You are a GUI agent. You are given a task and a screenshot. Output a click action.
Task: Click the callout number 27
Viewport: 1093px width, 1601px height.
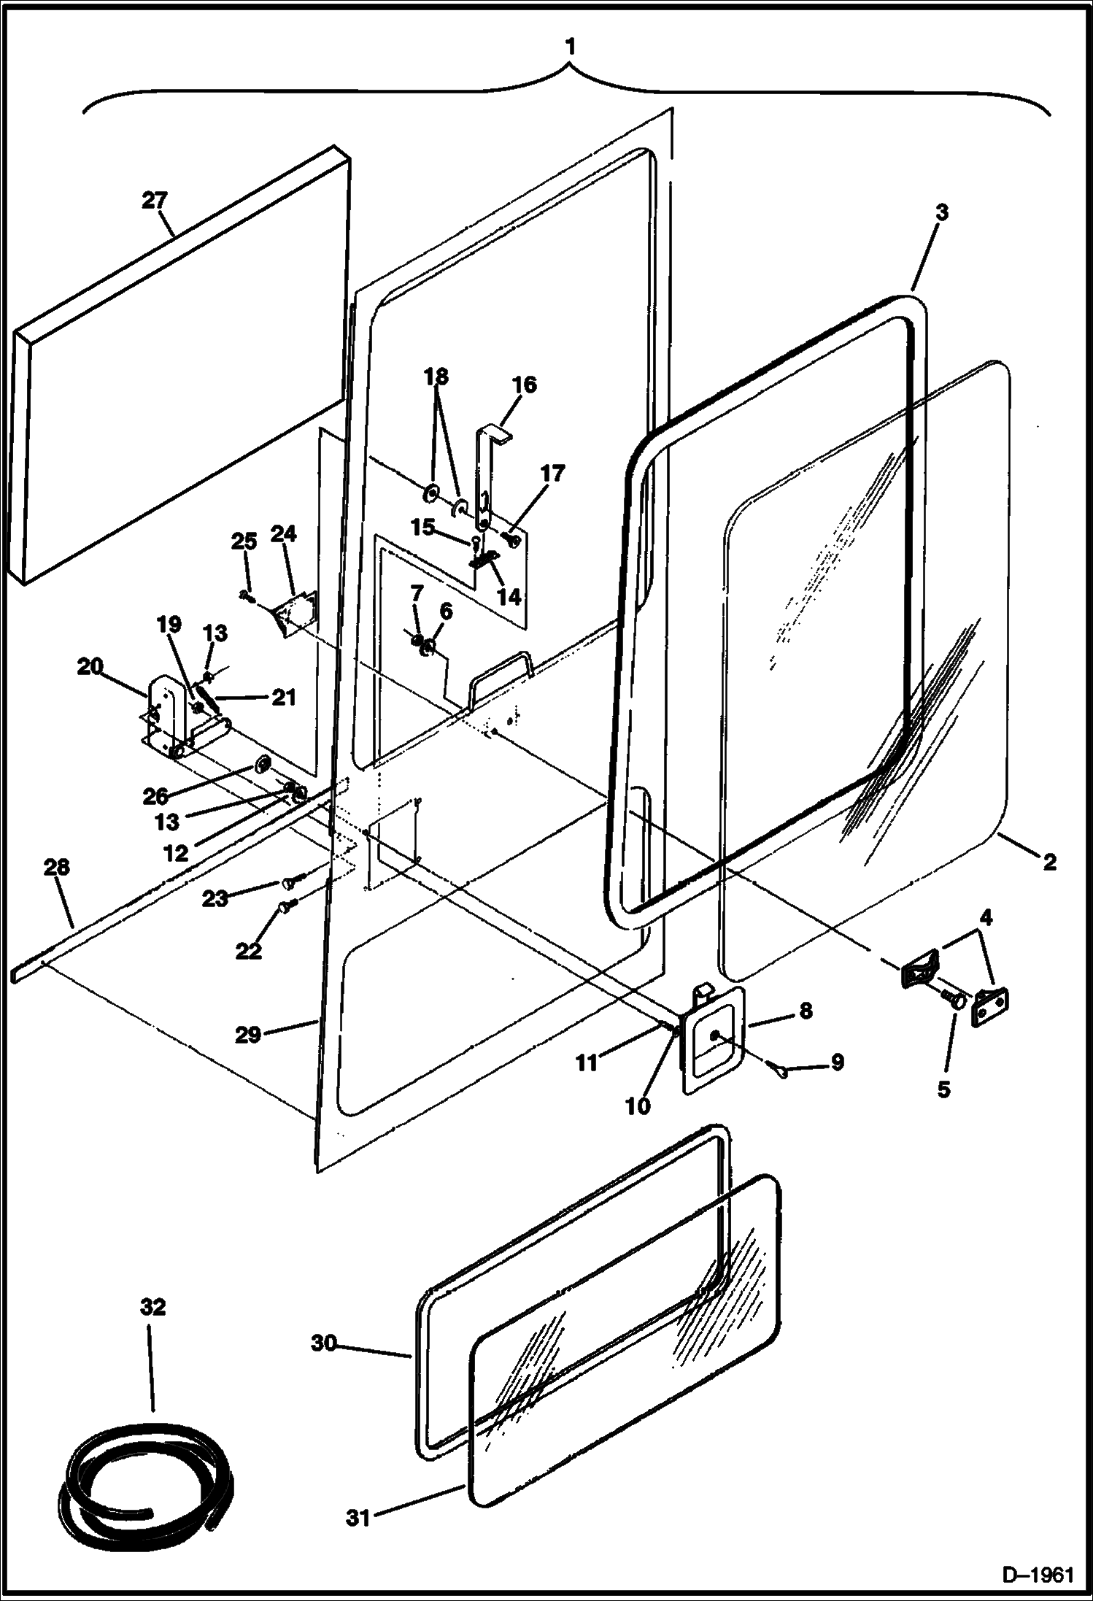pyautogui.click(x=155, y=201)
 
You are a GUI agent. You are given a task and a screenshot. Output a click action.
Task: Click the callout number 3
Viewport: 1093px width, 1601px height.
pyautogui.click(x=941, y=213)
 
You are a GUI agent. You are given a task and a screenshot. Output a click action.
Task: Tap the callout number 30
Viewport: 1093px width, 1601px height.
pyautogui.click(x=324, y=1343)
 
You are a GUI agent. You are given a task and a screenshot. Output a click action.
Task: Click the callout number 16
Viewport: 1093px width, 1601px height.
pyautogui.click(x=525, y=385)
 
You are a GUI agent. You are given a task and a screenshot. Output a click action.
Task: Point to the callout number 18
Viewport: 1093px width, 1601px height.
pyautogui.click(x=436, y=377)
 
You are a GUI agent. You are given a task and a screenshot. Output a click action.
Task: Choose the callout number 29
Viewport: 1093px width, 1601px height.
pyautogui.click(x=248, y=1035)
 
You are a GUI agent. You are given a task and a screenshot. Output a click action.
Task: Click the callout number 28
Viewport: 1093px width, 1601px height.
pyautogui.click(x=57, y=868)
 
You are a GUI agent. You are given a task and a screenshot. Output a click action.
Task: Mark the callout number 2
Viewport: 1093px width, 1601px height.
pyautogui.click(x=1049, y=863)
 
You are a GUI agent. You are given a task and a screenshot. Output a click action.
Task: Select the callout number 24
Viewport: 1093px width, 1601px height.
pyautogui.click(x=283, y=534)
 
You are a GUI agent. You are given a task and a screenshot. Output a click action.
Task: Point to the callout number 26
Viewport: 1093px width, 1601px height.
pyautogui.click(x=155, y=796)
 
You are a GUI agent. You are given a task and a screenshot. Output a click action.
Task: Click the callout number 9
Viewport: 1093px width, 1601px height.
pyautogui.click(x=837, y=1062)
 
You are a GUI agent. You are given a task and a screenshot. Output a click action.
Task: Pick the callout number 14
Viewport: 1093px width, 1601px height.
pyautogui.click(x=509, y=596)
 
